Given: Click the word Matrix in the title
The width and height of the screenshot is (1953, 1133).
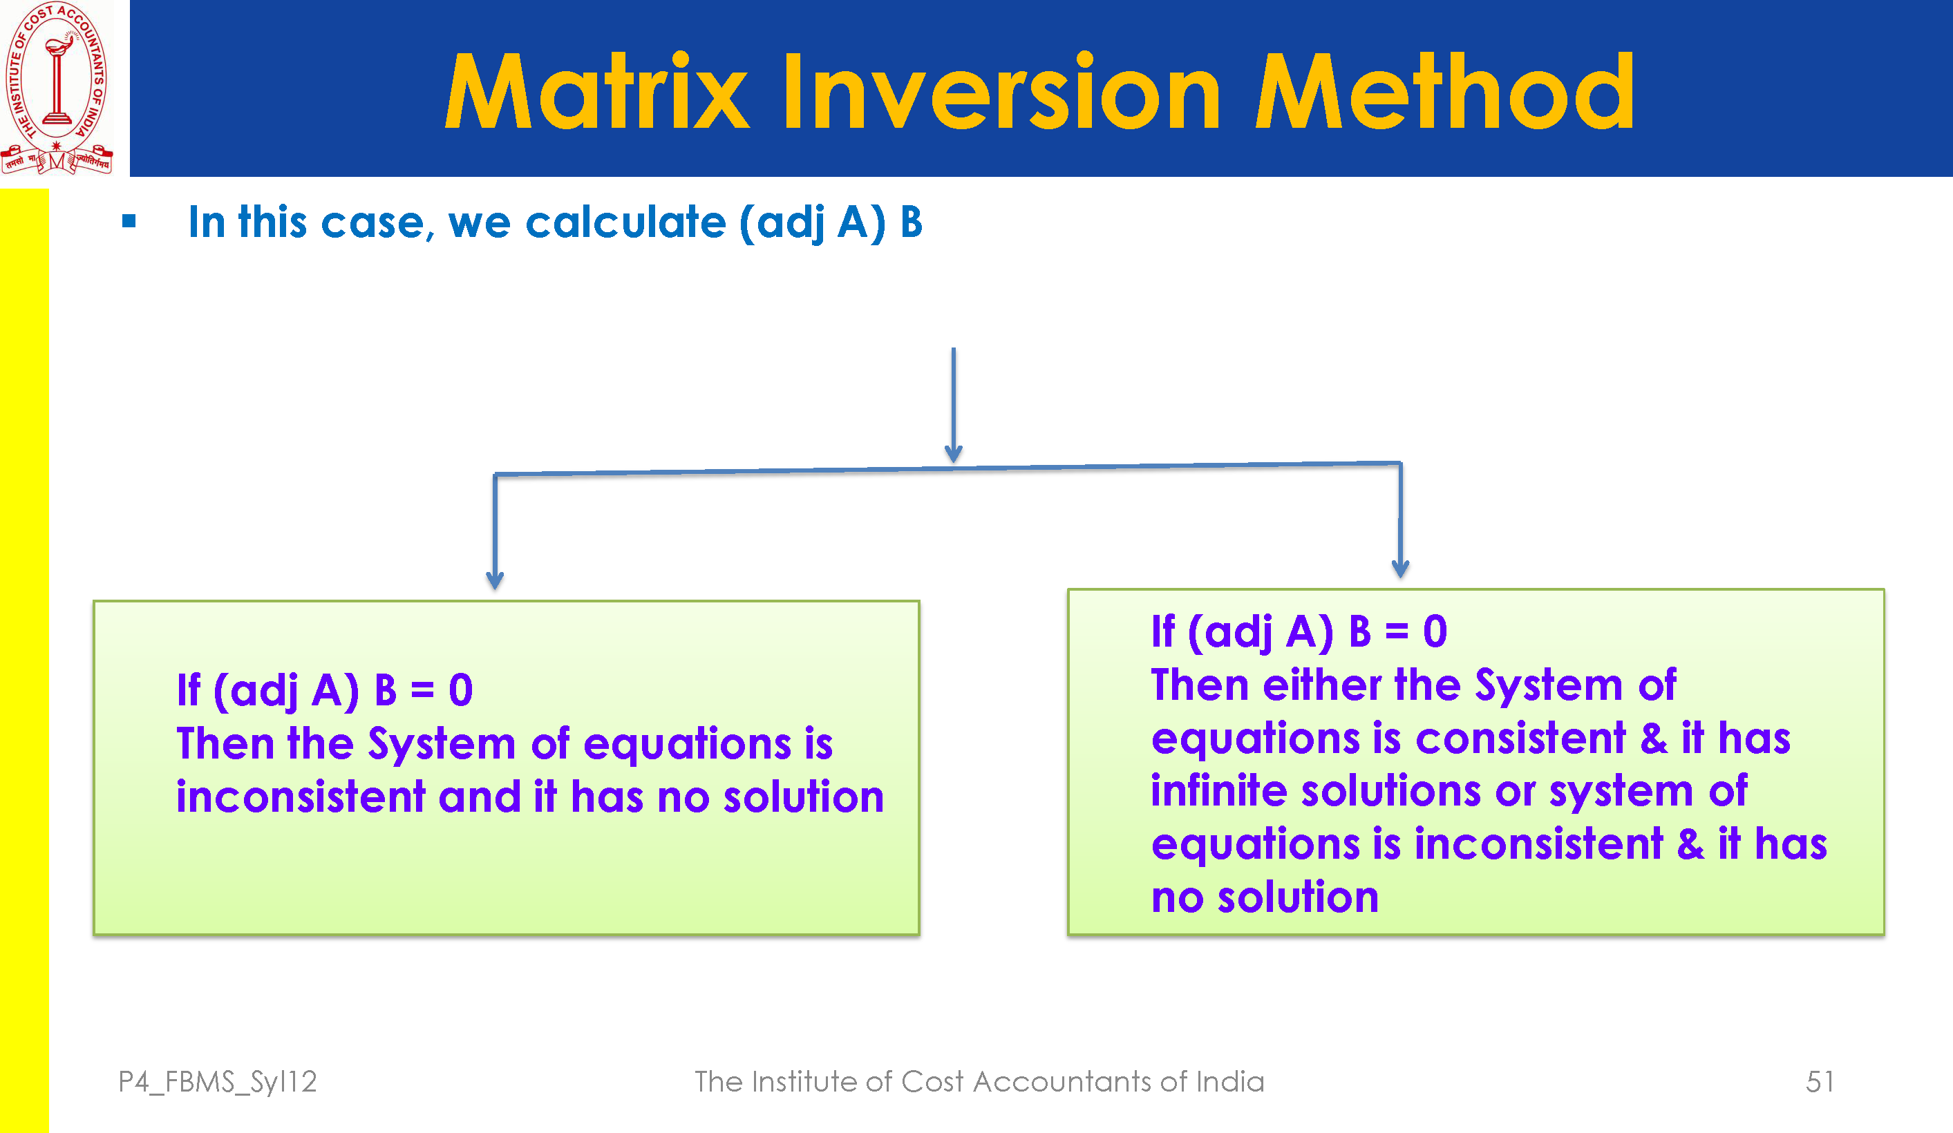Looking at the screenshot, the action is (597, 91).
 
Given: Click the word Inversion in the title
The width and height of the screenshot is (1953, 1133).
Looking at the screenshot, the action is (1001, 91).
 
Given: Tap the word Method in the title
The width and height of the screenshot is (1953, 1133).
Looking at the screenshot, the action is (1444, 91).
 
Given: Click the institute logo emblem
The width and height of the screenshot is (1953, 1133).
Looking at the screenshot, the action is (57, 88).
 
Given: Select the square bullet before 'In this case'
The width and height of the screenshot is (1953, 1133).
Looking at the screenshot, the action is (129, 222).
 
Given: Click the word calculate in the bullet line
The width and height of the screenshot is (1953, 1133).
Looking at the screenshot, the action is (625, 222).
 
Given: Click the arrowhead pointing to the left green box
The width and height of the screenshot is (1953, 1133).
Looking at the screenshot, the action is (496, 580).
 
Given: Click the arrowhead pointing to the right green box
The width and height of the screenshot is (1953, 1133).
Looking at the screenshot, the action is (1400, 568).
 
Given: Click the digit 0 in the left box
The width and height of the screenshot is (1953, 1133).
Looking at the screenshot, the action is (461, 689).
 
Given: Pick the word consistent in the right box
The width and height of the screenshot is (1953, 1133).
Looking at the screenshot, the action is (1520, 739).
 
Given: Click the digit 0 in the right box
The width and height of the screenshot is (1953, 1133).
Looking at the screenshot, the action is (1435, 631).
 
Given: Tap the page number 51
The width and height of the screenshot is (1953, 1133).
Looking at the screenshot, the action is (1820, 1082).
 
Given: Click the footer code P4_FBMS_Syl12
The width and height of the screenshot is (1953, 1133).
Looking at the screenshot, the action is (218, 1083).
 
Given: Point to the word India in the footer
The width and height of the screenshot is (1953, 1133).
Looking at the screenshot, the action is (1230, 1082).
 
